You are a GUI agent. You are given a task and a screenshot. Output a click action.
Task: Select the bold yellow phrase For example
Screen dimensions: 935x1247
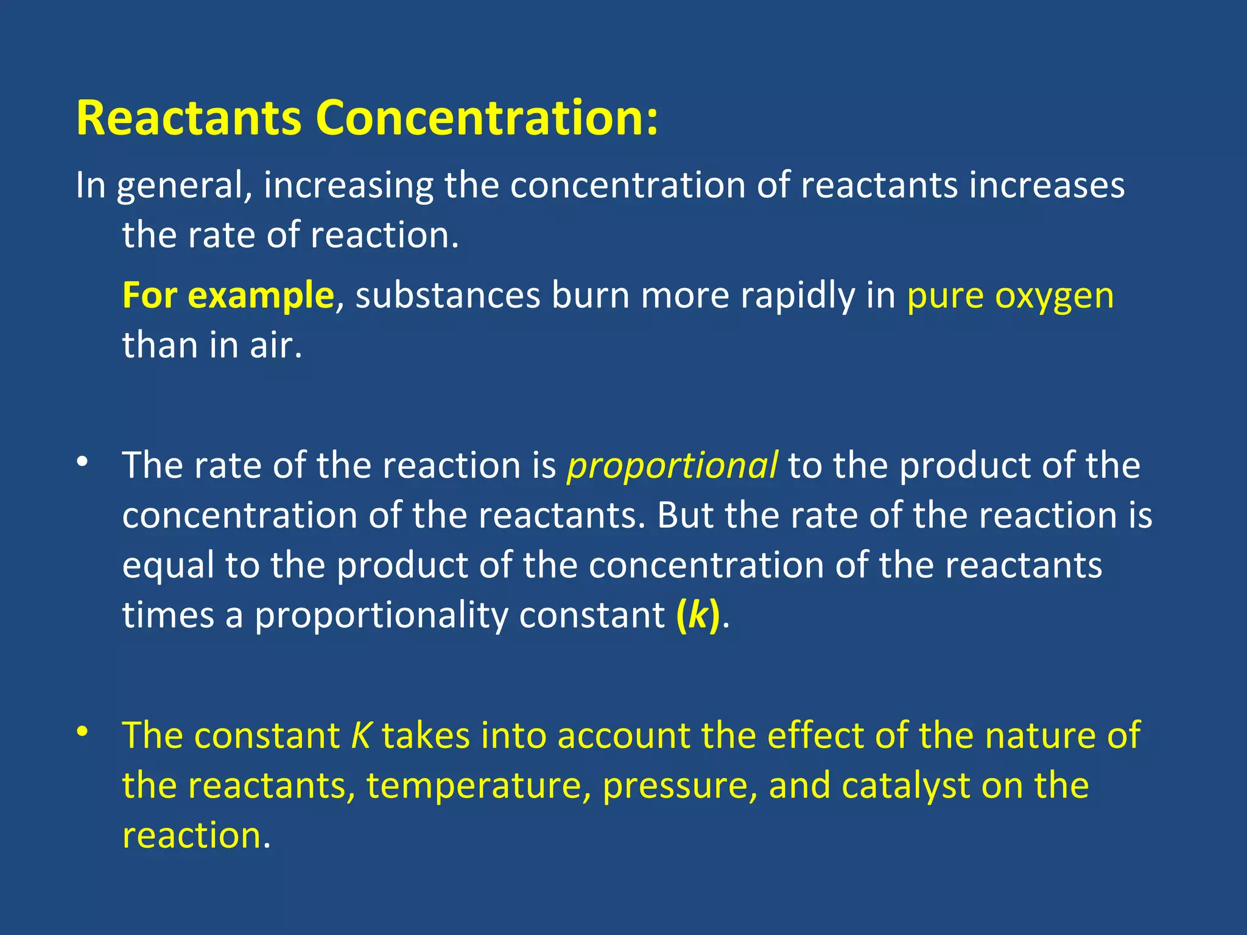coord(228,296)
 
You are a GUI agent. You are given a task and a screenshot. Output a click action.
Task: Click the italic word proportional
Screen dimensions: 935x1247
coord(672,466)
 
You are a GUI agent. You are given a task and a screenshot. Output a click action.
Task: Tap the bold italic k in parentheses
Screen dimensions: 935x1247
coord(698,615)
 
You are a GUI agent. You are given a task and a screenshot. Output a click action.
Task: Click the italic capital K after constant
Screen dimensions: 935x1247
coord(360,735)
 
